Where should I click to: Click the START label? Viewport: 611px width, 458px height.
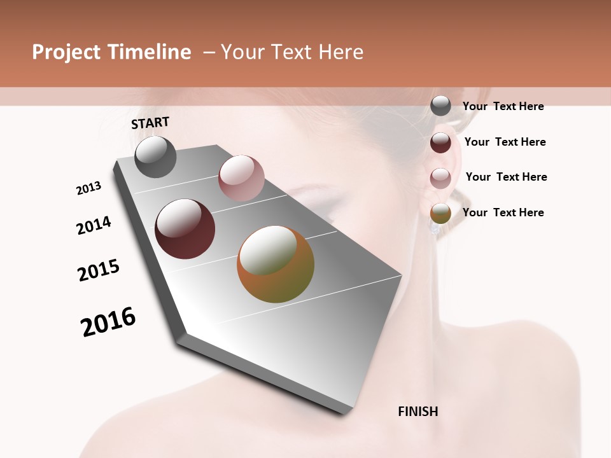150,123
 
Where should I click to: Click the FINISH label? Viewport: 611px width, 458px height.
418,412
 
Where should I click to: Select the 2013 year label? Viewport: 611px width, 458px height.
88,188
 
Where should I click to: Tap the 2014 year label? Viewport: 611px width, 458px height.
94,225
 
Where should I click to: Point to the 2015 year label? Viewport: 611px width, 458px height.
99,270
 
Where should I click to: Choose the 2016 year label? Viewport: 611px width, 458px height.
108,322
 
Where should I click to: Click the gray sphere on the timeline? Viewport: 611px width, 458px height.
155,156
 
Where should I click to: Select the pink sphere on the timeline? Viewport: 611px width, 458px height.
241,177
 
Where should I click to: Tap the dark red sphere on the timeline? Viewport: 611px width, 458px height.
185,229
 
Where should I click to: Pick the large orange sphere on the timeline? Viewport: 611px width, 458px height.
276,264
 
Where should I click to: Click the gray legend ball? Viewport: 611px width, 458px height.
440,106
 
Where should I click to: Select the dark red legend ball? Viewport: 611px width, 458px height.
440,142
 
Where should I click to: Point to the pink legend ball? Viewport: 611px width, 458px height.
440,178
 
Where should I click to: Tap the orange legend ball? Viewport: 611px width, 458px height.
440,213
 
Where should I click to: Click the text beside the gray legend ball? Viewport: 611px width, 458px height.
503,106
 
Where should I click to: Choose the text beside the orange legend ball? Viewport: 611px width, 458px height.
503,212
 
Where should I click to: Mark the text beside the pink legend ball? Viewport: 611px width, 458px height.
506,177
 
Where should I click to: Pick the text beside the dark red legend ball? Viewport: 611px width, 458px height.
505,142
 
